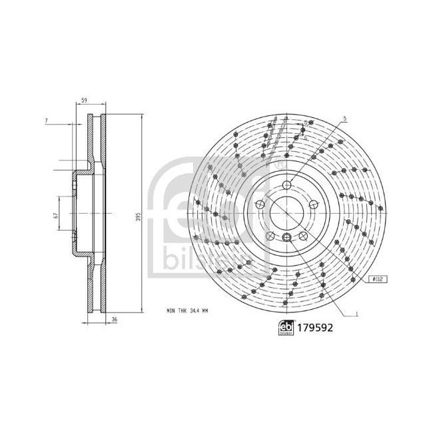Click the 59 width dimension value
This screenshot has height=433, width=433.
[83, 100]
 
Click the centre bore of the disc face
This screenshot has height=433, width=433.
[286, 212]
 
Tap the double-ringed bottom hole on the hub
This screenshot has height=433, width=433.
[286, 238]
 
